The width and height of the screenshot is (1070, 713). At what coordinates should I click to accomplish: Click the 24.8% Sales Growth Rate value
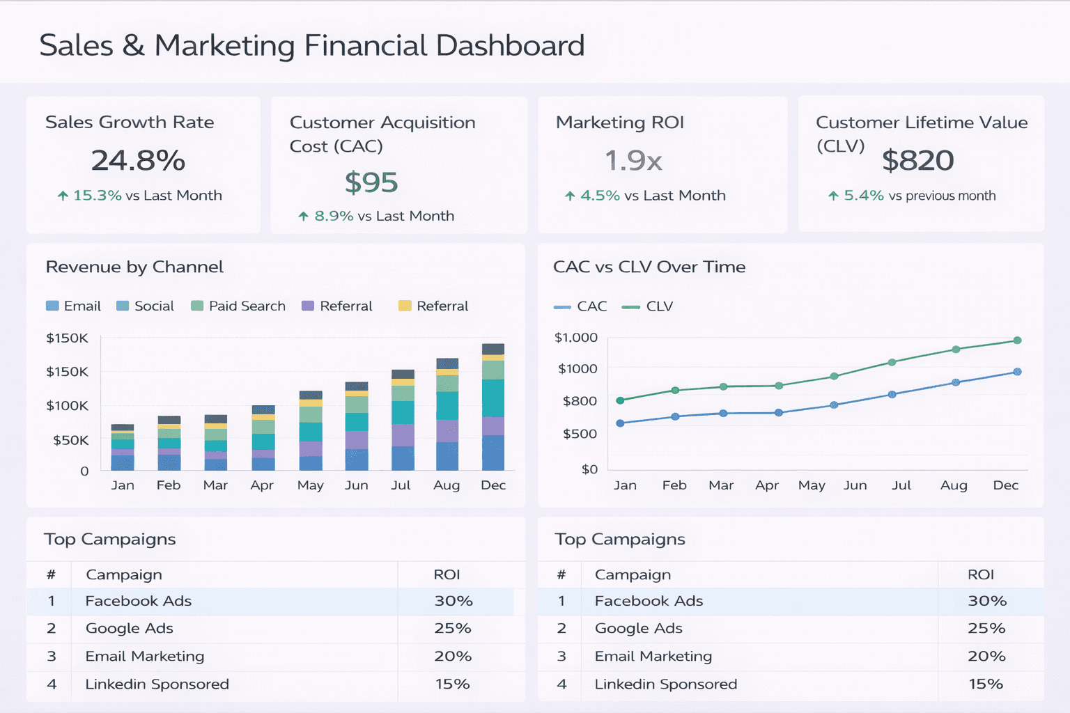[x=138, y=161]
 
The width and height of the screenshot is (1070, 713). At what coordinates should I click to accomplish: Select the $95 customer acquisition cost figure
[x=371, y=182]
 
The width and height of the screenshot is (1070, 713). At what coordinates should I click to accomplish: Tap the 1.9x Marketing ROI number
[x=633, y=161]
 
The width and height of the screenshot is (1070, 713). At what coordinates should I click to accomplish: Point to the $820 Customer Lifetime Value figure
[x=917, y=161]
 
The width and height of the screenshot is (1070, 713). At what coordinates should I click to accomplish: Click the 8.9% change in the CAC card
[x=333, y=216]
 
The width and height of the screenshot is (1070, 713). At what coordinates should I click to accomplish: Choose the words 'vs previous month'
[x=942, y=196]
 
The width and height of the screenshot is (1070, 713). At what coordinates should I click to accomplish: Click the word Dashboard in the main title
[x=510, y=46]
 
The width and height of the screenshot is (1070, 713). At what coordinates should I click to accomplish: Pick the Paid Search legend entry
[x=238, y=306]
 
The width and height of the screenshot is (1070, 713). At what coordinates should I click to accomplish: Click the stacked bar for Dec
[x=493, y=407]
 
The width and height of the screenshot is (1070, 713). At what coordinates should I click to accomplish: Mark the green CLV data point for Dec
[x=1017, y=340]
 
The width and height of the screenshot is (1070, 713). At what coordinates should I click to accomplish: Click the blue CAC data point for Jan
[x=620, y=423]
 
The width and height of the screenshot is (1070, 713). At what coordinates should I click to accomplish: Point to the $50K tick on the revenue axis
[x=71, y=440]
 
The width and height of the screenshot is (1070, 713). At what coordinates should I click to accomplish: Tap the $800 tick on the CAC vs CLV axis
[x=580, y=401]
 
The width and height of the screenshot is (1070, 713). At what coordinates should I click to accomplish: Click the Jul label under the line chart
[x=901, y=485]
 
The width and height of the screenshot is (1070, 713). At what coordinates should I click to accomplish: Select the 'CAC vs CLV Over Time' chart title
[x=649, y=267]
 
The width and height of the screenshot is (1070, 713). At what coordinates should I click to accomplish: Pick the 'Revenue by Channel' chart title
[x=134, y=267]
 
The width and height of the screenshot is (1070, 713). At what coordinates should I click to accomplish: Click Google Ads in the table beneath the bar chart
[x=129, y=629]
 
